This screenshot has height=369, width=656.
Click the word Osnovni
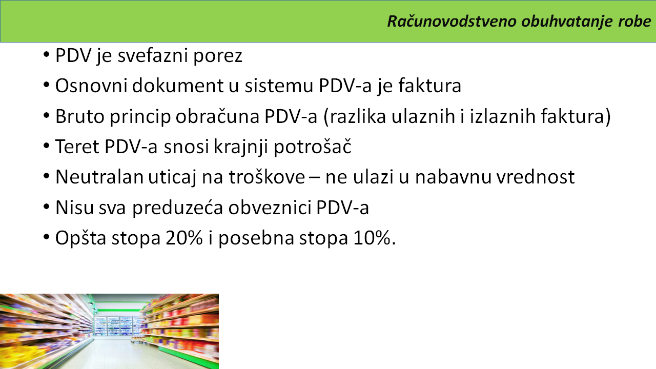click(x=91, y=86)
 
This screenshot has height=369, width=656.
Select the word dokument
click(x=177, y=86)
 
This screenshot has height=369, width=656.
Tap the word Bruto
click(x=79, y=116)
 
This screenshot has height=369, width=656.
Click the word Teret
click(x=77, y=147)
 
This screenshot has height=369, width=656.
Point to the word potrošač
click(x=313, y=147)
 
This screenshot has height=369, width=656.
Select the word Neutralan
click(x=99, y=177)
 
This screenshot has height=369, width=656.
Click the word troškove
click(x=267, y=177)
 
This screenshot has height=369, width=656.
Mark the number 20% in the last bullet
click(x=184, y=238)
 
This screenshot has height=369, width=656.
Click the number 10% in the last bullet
click(x=372, y=238)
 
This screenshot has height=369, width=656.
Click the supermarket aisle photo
click(x=109, y=331)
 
